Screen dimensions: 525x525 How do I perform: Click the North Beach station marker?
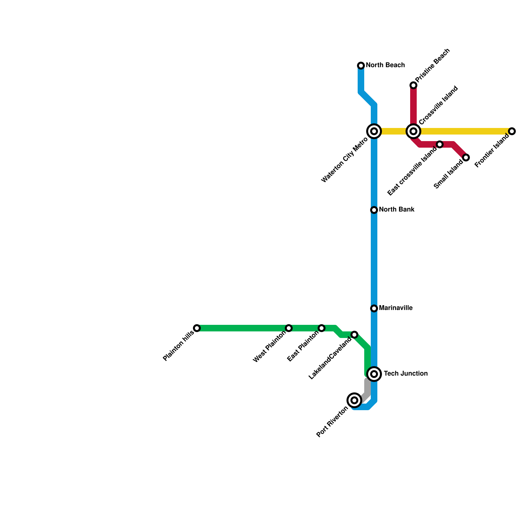pyautogui.click(x=361, y=66)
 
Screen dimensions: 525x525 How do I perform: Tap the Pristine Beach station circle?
pyautogui.click(x=413, y=85)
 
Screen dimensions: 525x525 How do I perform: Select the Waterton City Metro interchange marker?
pyautogui.click(x=374, y=131)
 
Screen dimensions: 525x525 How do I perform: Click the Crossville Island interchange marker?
pyautogui.click(x=413, y=131)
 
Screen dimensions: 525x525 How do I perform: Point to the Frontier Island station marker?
pyautogui.click(x=512, y=131)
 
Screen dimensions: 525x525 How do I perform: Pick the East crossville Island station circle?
pyautogui.click(x=440, y=144)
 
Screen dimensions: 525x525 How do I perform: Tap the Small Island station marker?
pyautogui.click(x=466, y=157)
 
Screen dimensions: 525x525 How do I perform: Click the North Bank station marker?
pyautogui.click(x=374, y=210)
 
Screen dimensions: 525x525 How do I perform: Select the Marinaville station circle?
pyautogui.click(x=374, y=308)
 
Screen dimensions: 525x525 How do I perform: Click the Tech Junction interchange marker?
pyautogui.click(x=374, y=374)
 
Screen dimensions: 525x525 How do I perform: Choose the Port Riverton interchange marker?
pyautogui.click(x=354, y=400)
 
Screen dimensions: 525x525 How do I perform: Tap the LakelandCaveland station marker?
pyautogui.click(x=354, y=335)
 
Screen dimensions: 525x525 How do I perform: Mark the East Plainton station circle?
pyautogui.click(x=322, y=328)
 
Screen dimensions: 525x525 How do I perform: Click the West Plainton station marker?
pyautogui.click(x=289, y=328)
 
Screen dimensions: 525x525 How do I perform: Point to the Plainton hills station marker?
pyautogui.click(x=197, y=328)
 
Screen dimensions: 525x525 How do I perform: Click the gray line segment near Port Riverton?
pyautogui.click(x=367, y=389)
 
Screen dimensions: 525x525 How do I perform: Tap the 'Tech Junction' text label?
pyautogui.click(x=406, y=374)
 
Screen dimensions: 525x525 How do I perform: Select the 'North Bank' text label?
pyautogui.click(x=397, y=210)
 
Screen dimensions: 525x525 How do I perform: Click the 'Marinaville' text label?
pyautogui.click(x=396, y=308)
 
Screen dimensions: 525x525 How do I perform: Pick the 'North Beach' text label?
pyautogui.click(x=385, y=65)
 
